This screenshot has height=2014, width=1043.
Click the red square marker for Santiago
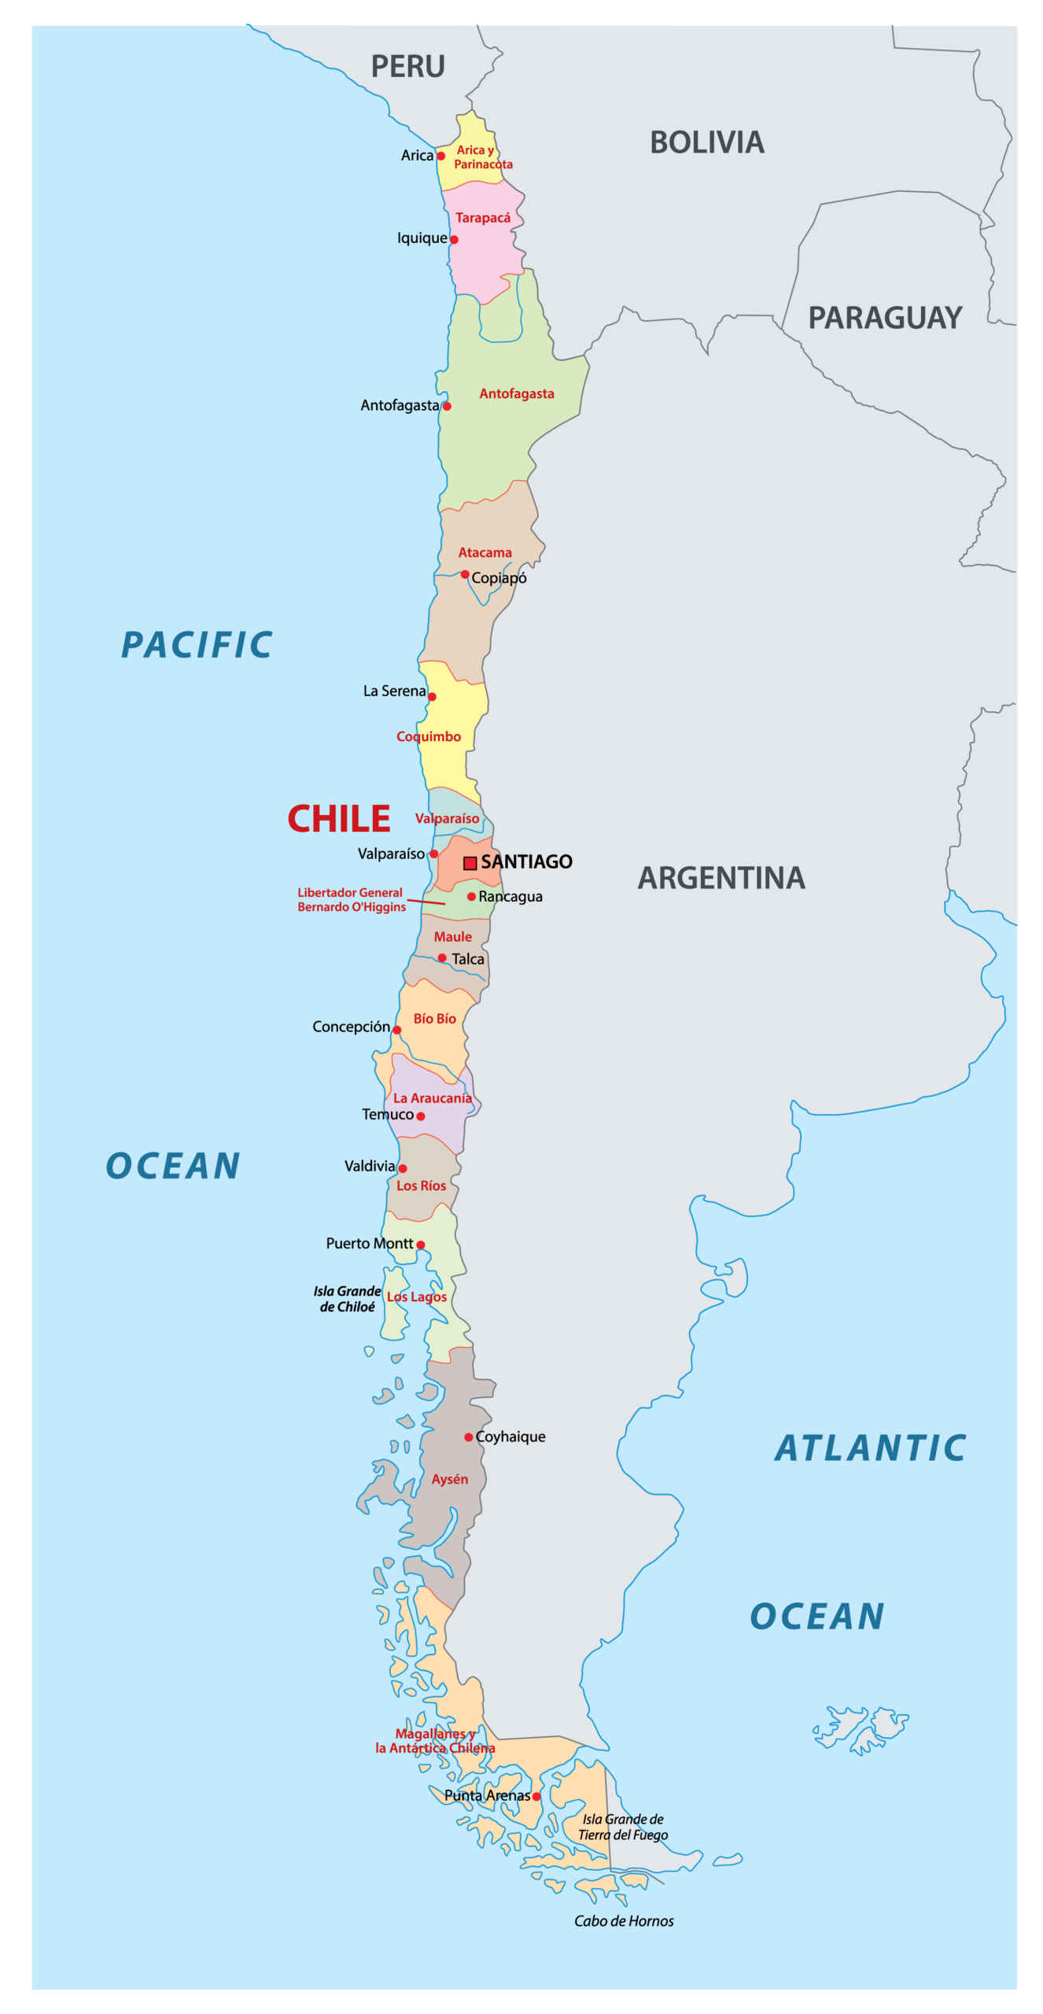(x=470, y=863)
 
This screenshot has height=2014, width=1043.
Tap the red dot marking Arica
(x=441, y=156)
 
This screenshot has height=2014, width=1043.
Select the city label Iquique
(x=422, y=238)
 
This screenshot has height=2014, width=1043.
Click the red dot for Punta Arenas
(x=536, y=1796)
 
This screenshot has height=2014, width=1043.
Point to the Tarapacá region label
(x=483, y=218)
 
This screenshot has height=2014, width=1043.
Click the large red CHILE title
(x=339, y=819)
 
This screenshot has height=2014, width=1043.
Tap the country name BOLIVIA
(x=706, y=143)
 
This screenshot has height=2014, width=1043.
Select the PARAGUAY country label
(x=885, y=319)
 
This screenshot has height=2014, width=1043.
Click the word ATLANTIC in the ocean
(x=871, y=1448)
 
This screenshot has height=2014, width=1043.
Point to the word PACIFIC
(x=197, y=645)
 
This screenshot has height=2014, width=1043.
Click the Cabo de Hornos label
(x=624, y=1920)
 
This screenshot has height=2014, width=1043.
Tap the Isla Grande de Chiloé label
(x=347, y=1298)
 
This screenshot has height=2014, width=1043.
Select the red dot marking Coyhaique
(x=469, y=1437)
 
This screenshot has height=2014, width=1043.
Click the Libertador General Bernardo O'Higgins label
(x=351, y=899)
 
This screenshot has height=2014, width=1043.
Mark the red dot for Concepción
(x=397, y=1030)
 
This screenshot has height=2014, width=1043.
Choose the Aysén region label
(x=450, y=1479)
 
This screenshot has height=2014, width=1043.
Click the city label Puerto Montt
(x=369, y=1243)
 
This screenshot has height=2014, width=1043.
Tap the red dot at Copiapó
(x=465, y=574)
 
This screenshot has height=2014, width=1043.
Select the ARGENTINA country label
(x=721, y=878)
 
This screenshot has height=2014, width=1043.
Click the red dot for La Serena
(x=432, y=696)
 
